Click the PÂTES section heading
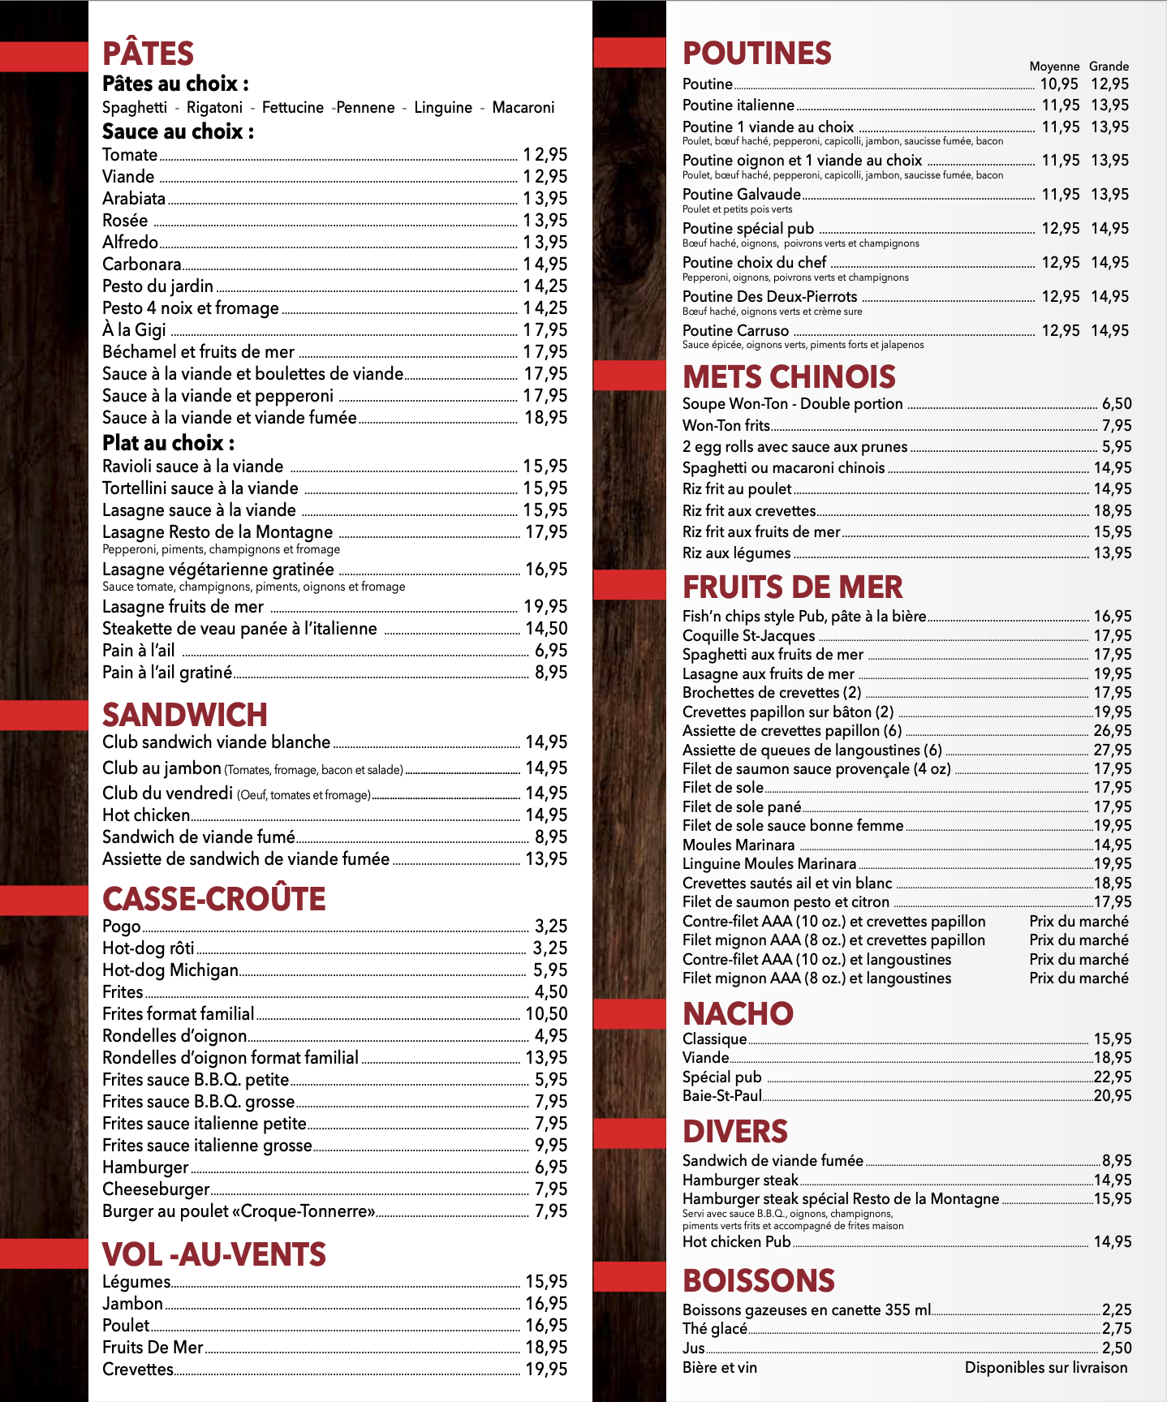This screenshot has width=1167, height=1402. pyautogui.click(x=148, y=54)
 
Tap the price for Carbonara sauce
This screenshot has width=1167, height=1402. pyautogui.click(x=545, y=264)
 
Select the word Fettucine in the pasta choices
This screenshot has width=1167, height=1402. pyautogui.click(x=292, y=108)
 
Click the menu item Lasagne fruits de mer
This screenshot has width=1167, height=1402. pyautogui.click(x=183, y=607)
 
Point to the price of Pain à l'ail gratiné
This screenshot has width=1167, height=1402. pyautogui.click(x=550, y=673)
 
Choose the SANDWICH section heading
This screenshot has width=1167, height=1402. pyautogui.click(x=184, y=715)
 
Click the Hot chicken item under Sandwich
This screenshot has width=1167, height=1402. pyautogui.click(x=146, y=815)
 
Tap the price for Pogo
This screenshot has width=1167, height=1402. pyautogui.click(x=550, y=927)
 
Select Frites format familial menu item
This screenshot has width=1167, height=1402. pyautogui.click(x=178, y=1014)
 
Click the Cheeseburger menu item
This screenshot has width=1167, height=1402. pyautogui.click(x=156, y=1189)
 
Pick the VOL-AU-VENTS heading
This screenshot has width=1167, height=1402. pyautogui.click(x=213, y=1254)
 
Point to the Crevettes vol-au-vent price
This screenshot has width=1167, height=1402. pyautogui.click(x=546, y=1370)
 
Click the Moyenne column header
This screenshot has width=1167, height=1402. pyautogui.click(x=1054, y=67)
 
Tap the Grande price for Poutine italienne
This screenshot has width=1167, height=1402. pyautogui.click(x=1109, y=105)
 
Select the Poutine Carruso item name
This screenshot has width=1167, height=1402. pyautogui.click(x=735, y=331)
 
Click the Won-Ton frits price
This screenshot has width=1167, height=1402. pyautogui.click(x=1116, y=426)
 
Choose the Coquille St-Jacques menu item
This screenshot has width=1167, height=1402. pyautogui.click(x=748, y=636)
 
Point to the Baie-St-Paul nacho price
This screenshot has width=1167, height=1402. pyautogui.click(x=1112, y=1096)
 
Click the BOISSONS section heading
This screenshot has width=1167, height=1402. pyautogui.click(x=758, y=1280)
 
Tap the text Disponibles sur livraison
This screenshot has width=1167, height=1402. pyautogui.click(x=1045, y=1368)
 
